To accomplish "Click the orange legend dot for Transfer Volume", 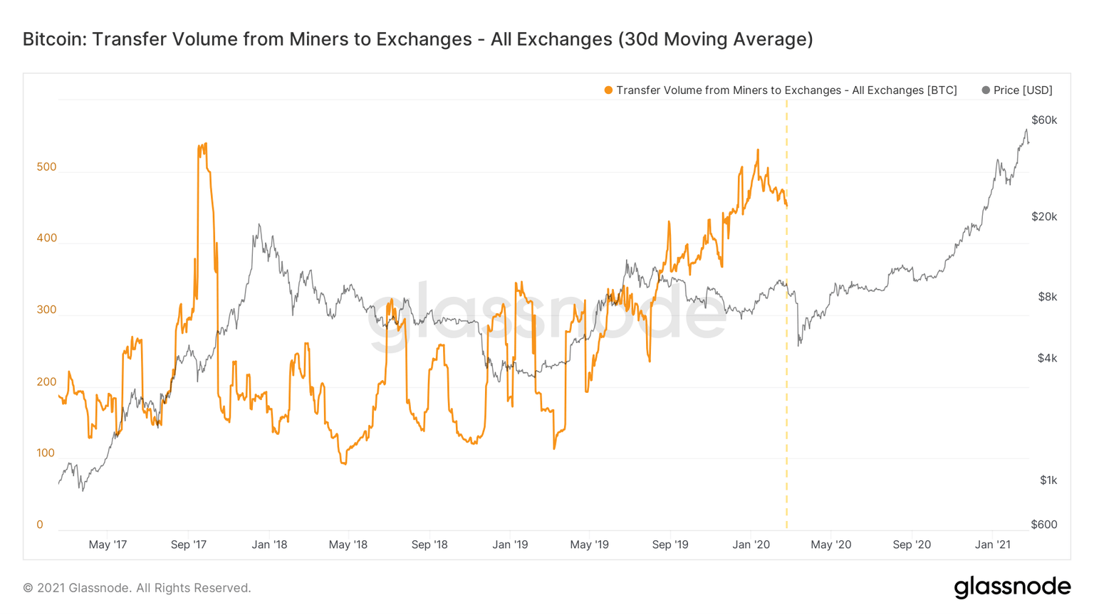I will pyautogui.click(x=608, y=90).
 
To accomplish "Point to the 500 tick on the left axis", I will pyautogui.click(x=46, y=167).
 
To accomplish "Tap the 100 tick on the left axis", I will pyautogui.click(x=46, y=453).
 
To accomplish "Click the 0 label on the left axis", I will pyautogui.click(x=40, y=525).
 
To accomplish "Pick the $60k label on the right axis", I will pyautogui.click(x=1044, y=120).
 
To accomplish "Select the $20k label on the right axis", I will pyautogui.click(x=1044, y=217).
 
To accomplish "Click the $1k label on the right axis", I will pyautogui.click(x=1048, y=480).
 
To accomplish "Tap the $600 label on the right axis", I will pyautogui.click(x=1044, y=525).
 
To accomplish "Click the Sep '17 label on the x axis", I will pyautogui.click(x=189, y=545).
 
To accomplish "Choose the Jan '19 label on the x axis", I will pyautogui.click(x=511, y=545).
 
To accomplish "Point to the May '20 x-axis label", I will pyautogui.click(x=831, y=545).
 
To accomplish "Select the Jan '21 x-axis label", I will pyautogui.click(x=993, y=545).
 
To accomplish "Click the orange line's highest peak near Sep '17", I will pyautogui.click(x=206, y=144).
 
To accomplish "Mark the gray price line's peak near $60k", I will pyautogui.click(x=1026, y=130).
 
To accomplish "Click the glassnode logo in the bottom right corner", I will pyautogui.click(x=1012, y=587).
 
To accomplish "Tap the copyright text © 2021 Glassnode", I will pyautogui.click(x=137, y=588).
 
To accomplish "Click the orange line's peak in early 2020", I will pyautogui.click(x=758, y=150).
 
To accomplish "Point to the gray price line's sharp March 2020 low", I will pyautogui.click(x=799, y=345).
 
